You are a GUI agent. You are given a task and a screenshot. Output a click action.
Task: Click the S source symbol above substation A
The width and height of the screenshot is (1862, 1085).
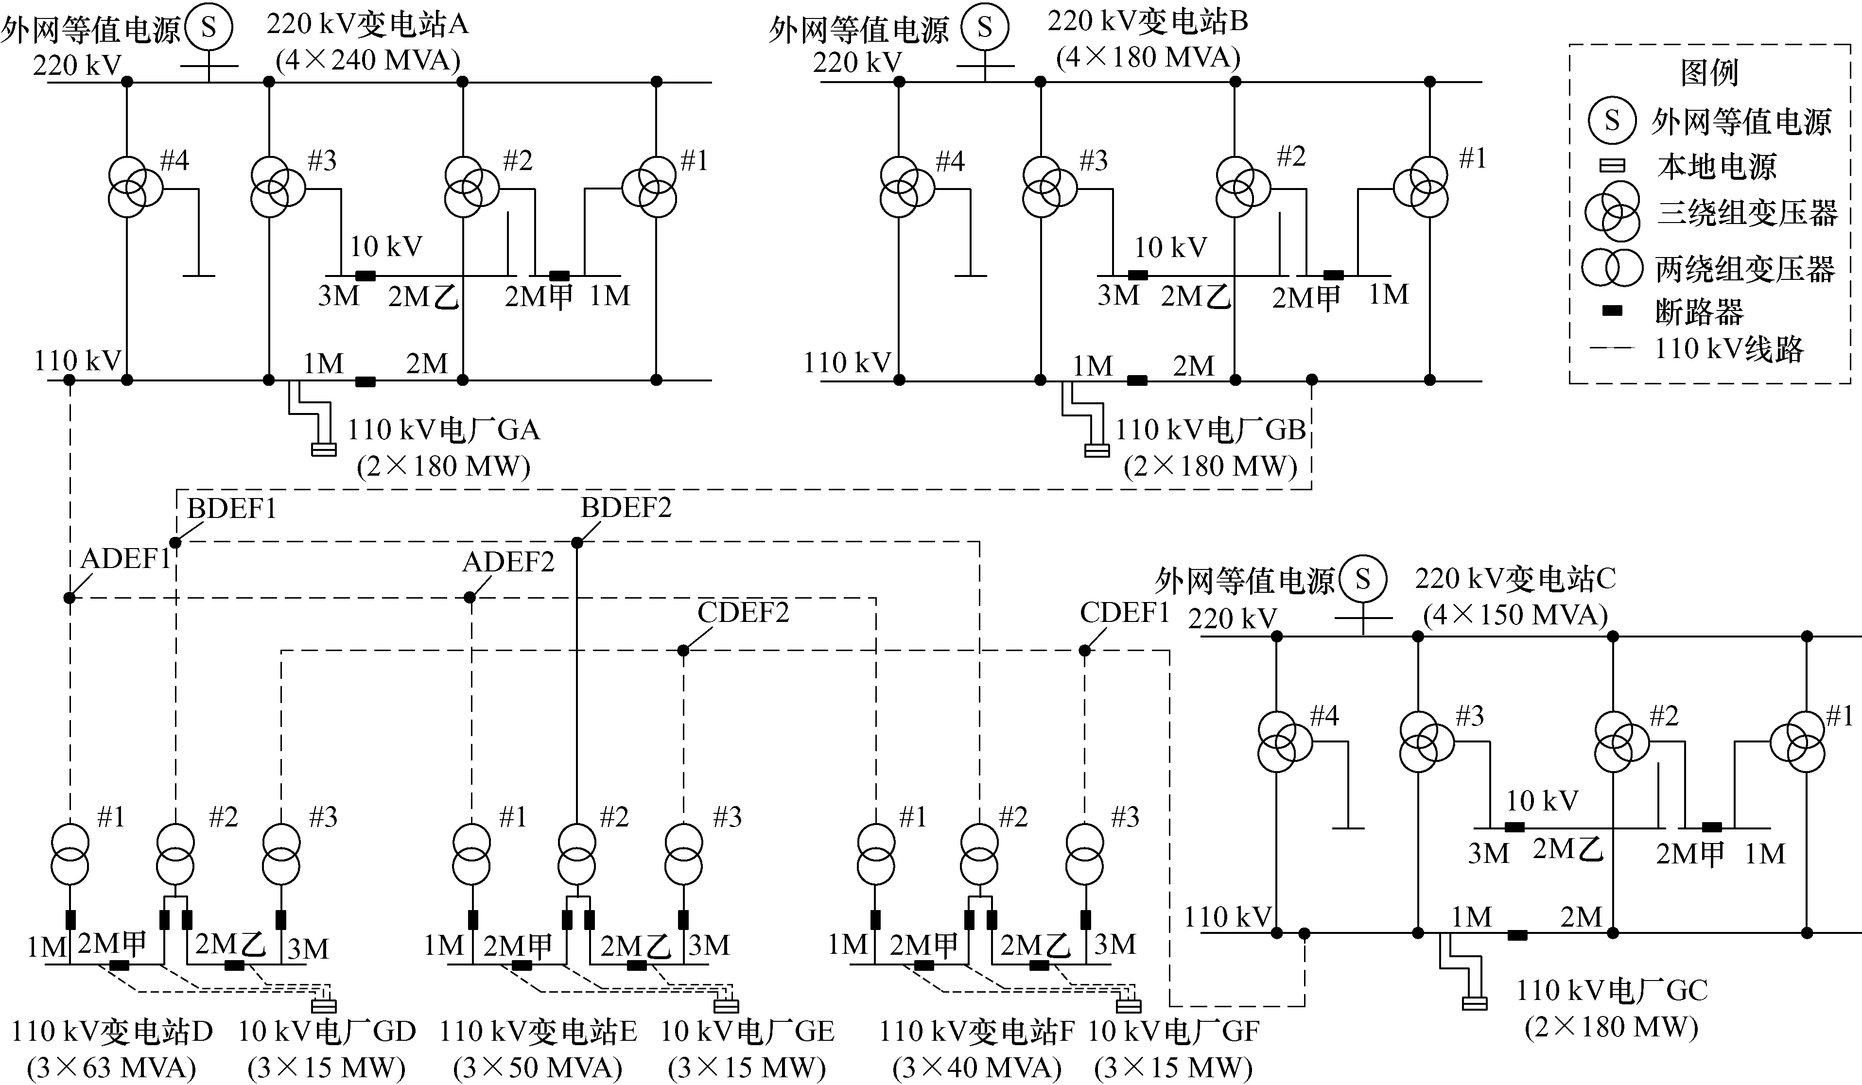tap(209, 28)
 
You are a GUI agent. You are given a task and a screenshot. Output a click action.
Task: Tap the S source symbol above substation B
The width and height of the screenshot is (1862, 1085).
tap(984, 28)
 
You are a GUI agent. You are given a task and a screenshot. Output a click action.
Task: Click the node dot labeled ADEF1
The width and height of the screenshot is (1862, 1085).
tap(70, 598)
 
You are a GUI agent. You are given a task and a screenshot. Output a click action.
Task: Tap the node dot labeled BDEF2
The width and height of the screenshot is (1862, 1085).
tap(577, 543)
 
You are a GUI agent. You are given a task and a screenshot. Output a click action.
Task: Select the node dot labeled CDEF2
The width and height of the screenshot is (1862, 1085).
tap(683, 651)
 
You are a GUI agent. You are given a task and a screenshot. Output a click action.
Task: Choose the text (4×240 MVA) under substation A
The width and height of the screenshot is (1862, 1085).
tap(368, 60)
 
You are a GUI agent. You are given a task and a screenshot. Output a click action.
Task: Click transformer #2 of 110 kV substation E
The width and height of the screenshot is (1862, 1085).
tap(576, 855)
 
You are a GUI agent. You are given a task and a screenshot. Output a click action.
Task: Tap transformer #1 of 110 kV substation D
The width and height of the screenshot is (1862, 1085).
tap(70, 855)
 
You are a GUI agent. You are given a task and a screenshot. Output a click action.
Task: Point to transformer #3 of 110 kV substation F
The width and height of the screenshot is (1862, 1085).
tap(1085, 855)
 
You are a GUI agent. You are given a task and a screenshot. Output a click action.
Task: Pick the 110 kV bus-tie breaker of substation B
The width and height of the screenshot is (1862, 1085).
tap(1137, 380)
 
